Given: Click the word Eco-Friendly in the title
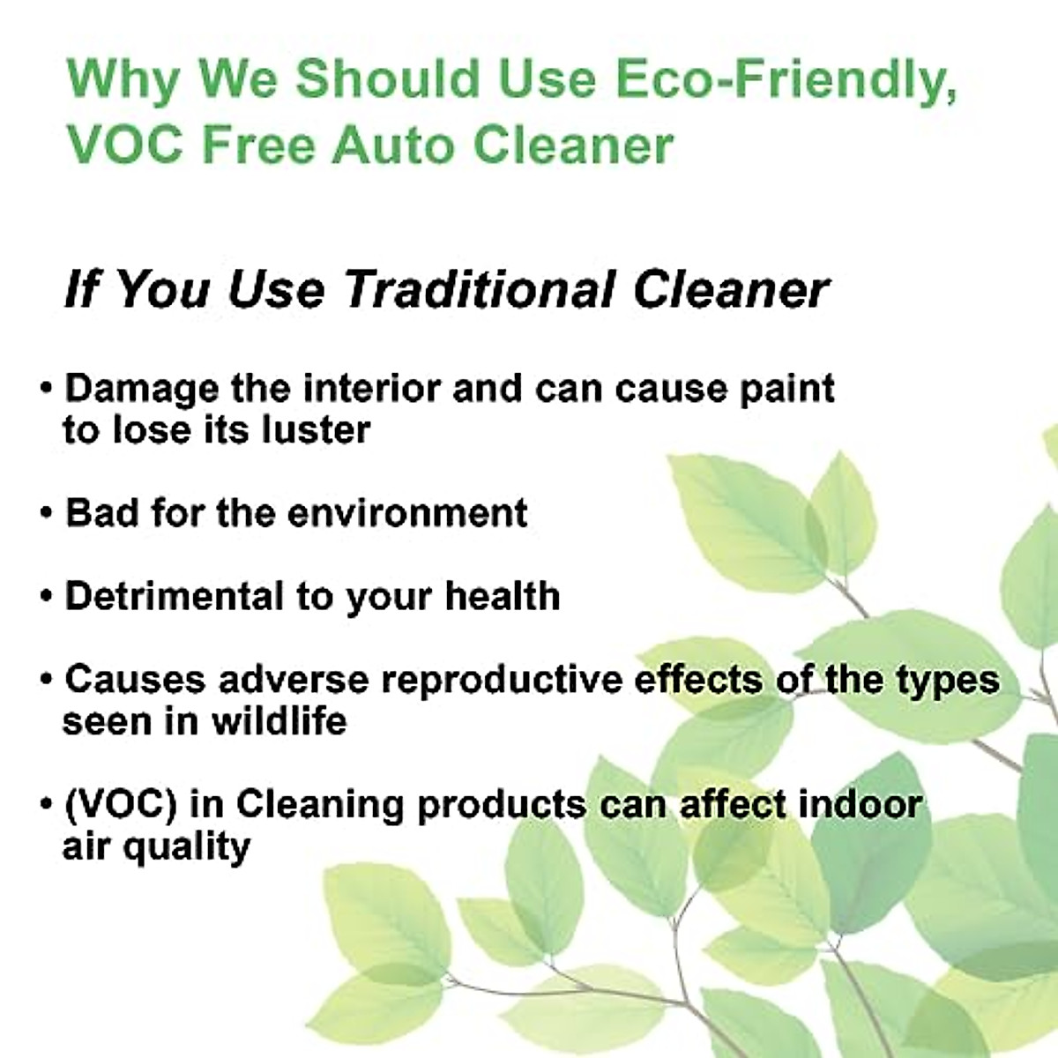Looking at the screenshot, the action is tap(786, 79).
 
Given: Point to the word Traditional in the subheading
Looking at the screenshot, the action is tap(479, 289).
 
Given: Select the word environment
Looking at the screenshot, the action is tap(406, 513).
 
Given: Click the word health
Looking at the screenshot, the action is tap(503, 596).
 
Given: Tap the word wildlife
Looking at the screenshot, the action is tap(279, 720).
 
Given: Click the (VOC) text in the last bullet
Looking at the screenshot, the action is tap(121, 805).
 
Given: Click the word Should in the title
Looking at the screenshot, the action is tap(388, 78).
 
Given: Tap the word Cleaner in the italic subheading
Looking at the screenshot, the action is tap(731, 289).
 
